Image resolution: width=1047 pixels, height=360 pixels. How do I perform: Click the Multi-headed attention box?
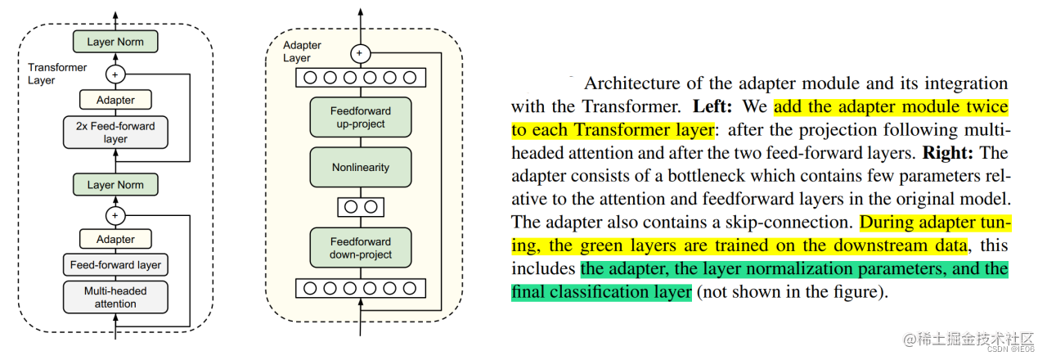(x=115, y=297)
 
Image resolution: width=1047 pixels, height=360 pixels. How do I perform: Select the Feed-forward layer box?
(x=115, y=264)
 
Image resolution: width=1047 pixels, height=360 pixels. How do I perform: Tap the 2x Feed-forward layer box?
(x=115, y=133)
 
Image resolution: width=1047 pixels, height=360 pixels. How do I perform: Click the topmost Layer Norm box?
(x=115, y=41)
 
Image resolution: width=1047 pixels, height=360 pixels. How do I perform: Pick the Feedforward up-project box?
(x=360, y=117)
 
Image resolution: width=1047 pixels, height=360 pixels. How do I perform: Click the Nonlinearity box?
(x=360, y=167)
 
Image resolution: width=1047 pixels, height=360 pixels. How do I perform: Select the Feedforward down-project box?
(x=360, y=248)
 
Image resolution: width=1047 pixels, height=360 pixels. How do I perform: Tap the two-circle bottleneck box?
(x=360, y=207)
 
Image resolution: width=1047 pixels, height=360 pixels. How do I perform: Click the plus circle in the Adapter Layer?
(x=360, y=53)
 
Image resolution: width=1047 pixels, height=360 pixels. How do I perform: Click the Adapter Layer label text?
(x=301, y=52)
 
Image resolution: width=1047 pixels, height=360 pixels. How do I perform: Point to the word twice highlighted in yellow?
(x=986, y=106)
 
